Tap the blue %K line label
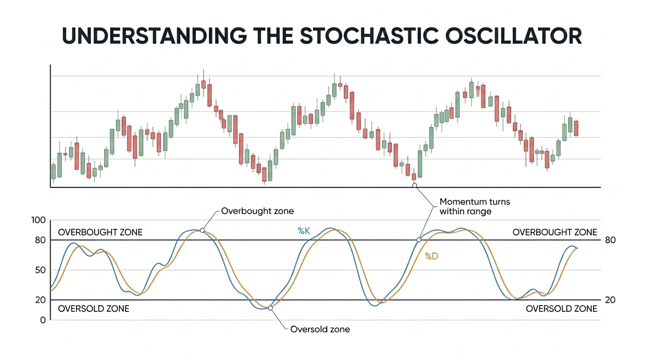point(304,230)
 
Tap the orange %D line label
point(431,256)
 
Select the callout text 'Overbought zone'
point(257,211)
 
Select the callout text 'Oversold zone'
point(320,329)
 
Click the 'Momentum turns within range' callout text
point(474,207)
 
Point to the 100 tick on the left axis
point(39,220)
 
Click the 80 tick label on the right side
point(610,240)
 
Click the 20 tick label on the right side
point(610,300)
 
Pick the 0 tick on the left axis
point(43,320)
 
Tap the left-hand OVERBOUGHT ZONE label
point(100,232)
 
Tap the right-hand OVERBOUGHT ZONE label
point(555,232)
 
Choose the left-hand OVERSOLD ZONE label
point(93,309)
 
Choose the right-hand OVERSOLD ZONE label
point(561,309)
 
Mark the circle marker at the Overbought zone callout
point(202,230)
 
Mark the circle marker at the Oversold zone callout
point(270,308)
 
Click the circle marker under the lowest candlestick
point(414,186)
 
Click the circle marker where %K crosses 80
point(419,240)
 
